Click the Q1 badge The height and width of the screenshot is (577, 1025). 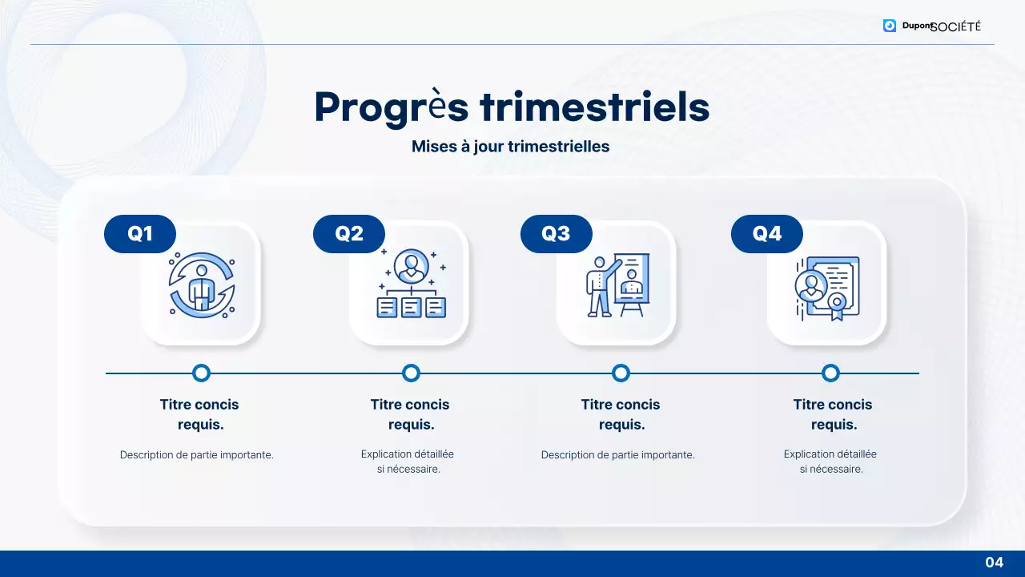pyautogui.click(x=140, y=234)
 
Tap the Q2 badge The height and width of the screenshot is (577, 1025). pyautogui.click(x=349, y=234)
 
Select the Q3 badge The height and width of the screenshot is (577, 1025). pyautogui.click(x=556, y=234)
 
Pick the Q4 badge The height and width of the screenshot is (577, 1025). pyautogui.click(x=766, y=234)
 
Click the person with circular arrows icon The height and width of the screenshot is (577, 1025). pyautogui.click(x=201, y=284)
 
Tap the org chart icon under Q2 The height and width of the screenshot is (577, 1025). pyautogui.click(x=411, y=284)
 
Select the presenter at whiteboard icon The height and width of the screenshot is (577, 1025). pyautogui.click(x=617, y=284)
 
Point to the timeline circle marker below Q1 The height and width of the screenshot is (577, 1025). pyautogui.click(x=201, y=373)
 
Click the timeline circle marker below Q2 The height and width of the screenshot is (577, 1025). pyautogui.click(x=411, y=373)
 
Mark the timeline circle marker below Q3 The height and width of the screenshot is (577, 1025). pyautogui.click(x=621, y=373)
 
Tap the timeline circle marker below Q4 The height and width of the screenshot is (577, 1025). pyautogui.click(x=830, y=373)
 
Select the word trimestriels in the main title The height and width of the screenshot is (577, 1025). pyautogui.click(x=594, y=107)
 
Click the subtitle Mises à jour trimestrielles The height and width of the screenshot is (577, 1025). pyautogui.click(x=510, y=147)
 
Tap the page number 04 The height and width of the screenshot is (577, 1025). pyautogui.click(x=994, y=563)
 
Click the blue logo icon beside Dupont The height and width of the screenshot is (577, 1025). pyautogui.click(x=890, y=26)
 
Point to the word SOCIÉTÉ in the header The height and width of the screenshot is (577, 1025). pyautogui.click(x=956, y=26)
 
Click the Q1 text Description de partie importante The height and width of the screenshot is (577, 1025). pyautogui.click(x=197, y=454)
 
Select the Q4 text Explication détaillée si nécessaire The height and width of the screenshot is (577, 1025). pyautogui.click(x=830, y=462)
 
